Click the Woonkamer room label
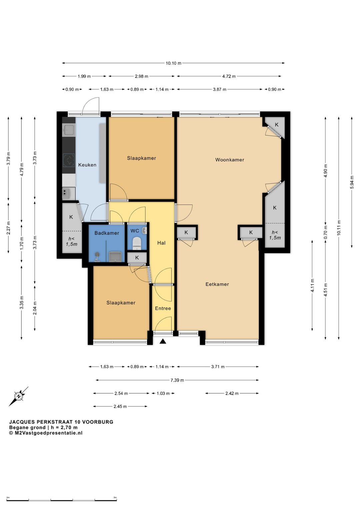(x=230, y=160)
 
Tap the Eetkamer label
(x=217, y=284)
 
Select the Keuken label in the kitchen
(x=87, y=165)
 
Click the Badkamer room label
(x=107, y=233)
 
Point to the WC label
(x=135, y=231)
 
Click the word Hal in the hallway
(x=161, y=243)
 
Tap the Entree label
(x=163, y=308)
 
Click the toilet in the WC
(x=137, y=242)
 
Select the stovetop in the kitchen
(x=69, y=160)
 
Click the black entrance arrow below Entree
(x=163, y=341)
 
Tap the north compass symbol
(x=18, y=397)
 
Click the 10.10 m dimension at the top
(x=173, y=63)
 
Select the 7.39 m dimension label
(x=177, y=380)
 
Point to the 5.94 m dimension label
(x=352, y=182)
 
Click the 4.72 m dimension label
(x=229, y=76)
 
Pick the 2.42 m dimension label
(x=232, y=393)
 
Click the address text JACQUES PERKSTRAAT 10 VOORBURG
(x=61, y=422)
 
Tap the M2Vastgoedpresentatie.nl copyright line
(x=46, y=433)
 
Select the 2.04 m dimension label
(x=35, y=308)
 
